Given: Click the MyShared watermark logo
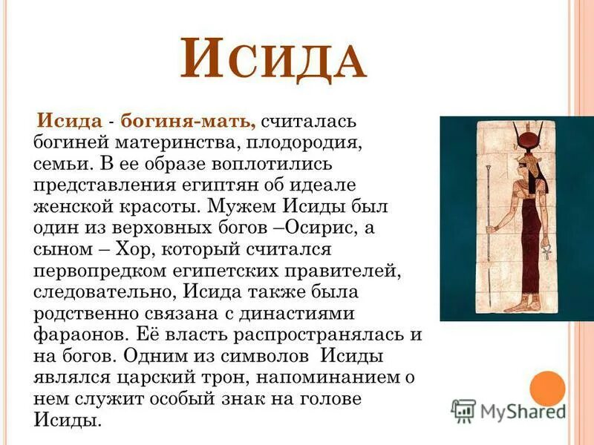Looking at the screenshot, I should coord(509,410).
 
